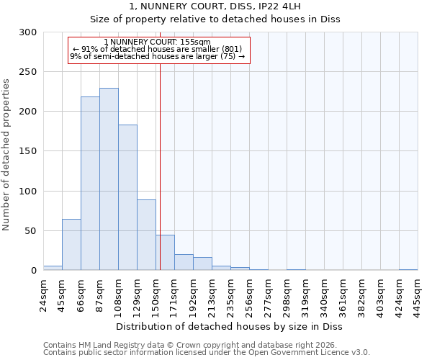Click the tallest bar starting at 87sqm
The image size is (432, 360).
coord(109,179)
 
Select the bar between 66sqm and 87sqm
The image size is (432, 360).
coord(90,184)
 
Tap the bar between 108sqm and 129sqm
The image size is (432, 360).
coord(127,198)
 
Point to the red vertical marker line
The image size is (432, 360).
coord(160,166)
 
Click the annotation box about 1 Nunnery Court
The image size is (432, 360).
coord(158,50)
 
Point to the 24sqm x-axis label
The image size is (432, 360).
coord(44,296)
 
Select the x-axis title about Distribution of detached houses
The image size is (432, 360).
coord(230,327)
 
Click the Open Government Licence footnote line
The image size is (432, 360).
coord(207,353)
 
